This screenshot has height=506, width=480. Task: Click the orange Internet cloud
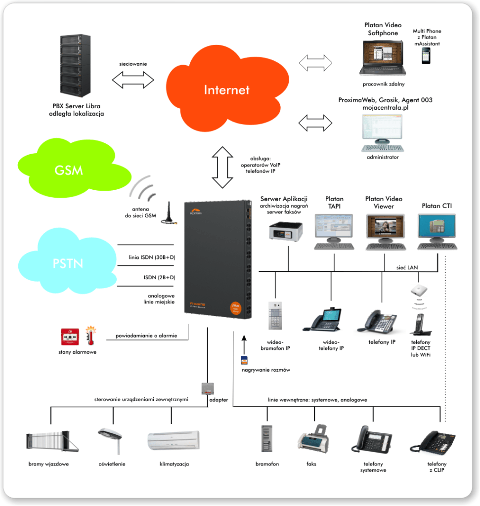pos(226,89)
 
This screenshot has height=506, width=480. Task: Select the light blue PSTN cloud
pos(67,261)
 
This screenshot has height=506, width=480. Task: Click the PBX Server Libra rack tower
pos(75,66)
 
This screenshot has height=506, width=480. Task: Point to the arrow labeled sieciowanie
pos(133,80)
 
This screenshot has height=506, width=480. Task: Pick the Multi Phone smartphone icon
pos(426,56)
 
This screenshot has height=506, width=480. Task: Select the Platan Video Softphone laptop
pos(383,58)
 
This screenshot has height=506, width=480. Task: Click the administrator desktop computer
pos(383,133)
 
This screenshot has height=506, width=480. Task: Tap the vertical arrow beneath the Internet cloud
pos(222,167)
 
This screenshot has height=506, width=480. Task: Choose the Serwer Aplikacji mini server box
pos(286,231)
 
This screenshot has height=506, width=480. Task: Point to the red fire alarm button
pos(70,337)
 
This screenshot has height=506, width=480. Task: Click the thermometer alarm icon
pos(90,336)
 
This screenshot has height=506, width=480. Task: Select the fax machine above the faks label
pos(313,439)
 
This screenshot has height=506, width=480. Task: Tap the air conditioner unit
pos(174,440)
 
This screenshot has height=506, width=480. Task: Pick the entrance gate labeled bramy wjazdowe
pos(52,441)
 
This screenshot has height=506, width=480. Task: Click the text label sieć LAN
pos(407,267)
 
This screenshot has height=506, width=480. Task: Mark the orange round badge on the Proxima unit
pos(236,308)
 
